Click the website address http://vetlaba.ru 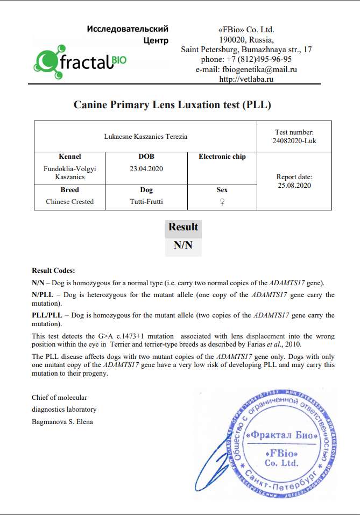click(246, 79)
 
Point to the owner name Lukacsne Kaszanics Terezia click(146, 137)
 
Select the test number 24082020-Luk click(294, 141)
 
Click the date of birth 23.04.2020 click(146, 168)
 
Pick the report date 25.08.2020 click(294, 186)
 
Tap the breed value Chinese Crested click(69, 202)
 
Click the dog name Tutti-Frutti click(146, 202)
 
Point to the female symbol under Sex click(222, 202)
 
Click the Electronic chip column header click(222, 157)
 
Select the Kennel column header click(69, 157)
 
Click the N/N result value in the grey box click(183, 246)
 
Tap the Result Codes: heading click(54, 271)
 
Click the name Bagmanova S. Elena click(62, 421)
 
